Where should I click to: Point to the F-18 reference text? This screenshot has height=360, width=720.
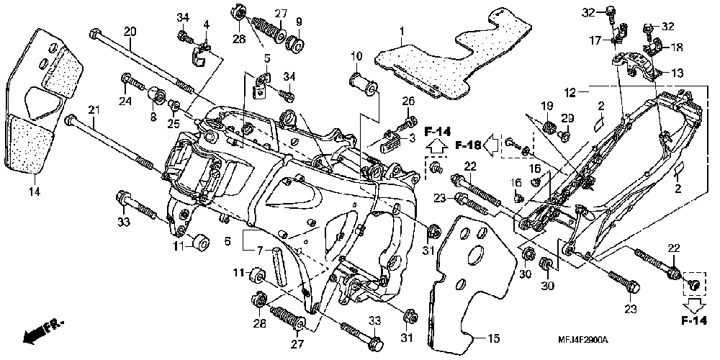(x=469, y=145)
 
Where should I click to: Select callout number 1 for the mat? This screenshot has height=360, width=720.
(x=402, y=32)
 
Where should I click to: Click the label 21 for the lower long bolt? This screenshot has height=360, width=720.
(x=94, y=110)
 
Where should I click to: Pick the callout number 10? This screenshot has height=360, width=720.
(x=357, y=57)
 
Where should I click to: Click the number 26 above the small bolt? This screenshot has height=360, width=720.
(x=408, y=101)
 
